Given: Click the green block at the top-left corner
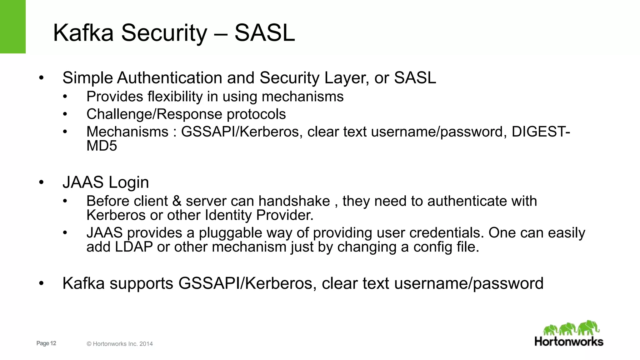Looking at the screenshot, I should [x=12, y=27].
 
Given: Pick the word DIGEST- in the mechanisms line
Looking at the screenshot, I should [x=541, y=132].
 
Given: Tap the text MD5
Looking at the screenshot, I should [x=102, y=146].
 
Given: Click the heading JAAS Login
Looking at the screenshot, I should [x=106, y=182].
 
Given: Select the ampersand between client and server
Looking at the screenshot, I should [x=177, y=201].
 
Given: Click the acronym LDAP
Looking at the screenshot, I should [x=133, y=247].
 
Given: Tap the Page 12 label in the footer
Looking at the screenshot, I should [x=46, y=343].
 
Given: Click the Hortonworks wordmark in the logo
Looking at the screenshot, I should [x=569, y=341].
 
